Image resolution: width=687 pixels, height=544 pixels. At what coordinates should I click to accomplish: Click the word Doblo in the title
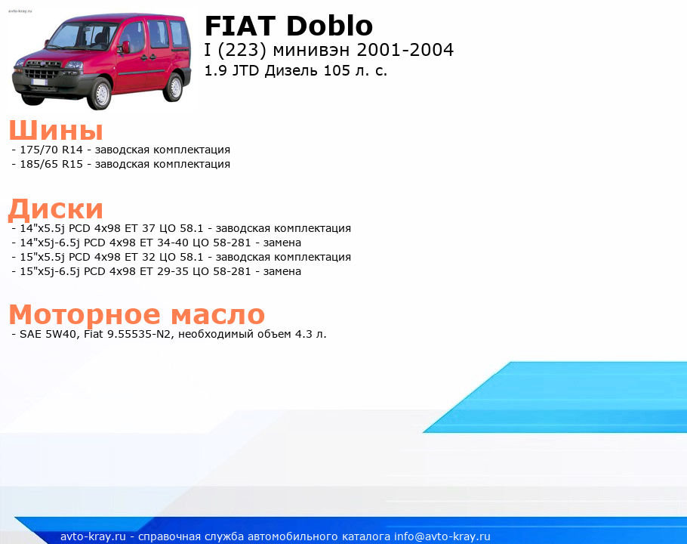(x=329, y=26)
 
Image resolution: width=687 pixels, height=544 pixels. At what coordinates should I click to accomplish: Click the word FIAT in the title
(x=239, y=26)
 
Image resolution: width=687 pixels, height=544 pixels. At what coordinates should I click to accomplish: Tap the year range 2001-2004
(x=405, y=50)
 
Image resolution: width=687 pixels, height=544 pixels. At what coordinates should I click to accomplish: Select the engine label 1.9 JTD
(x=232, y=70)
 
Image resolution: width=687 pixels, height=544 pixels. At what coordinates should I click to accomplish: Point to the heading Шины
(x=56, y=130)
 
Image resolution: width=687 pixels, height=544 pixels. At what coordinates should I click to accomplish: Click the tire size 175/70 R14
(x=51, y=150)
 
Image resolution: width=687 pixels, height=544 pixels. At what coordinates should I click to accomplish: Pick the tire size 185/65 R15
(x=51, y=165)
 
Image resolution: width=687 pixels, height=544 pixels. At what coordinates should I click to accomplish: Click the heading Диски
(x=56, y=209)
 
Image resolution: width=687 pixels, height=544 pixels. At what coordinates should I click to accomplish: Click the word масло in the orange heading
(x=217, y=315)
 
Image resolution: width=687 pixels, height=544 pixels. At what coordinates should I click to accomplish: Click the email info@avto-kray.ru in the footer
(x=442, y=536)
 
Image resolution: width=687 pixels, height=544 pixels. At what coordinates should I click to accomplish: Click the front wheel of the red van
(x=100, y=93)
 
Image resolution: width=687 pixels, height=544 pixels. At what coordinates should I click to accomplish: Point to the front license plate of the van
(x=39, y=82)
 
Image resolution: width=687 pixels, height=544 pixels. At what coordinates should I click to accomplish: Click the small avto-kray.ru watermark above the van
(x=20, y=11)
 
